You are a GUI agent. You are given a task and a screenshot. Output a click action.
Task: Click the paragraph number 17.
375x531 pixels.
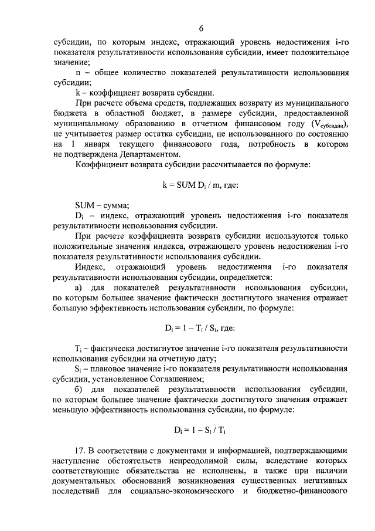(82, 451)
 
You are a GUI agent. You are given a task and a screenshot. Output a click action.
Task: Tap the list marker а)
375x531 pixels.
(80, 287)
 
